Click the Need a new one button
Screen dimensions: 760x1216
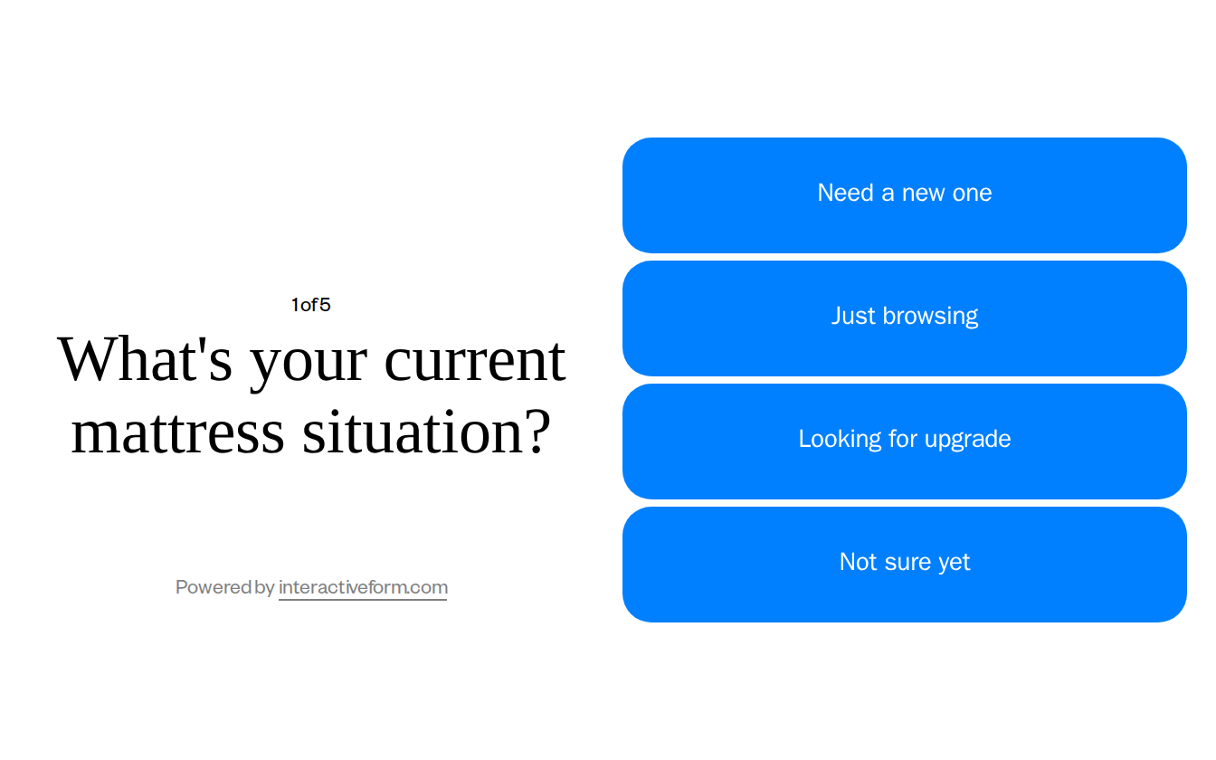pos(904,195)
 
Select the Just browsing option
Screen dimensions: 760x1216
pos(904,318)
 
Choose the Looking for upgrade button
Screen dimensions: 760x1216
pos(904,442)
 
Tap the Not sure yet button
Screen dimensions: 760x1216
pos(904,565)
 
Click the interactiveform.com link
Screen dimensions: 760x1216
pos(363,587)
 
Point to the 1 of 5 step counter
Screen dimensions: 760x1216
pos(310,305)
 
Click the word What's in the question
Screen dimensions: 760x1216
pos(145,359)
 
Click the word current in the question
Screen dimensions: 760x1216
pos(475,359)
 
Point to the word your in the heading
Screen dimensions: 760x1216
pos(309,361)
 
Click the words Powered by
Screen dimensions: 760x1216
pos(224,587)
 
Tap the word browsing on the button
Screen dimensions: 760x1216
pos(930,316)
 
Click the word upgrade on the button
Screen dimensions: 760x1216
pos(970,440)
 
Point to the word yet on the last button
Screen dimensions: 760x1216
pos(954,563)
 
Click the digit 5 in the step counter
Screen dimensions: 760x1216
pos(325,305)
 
